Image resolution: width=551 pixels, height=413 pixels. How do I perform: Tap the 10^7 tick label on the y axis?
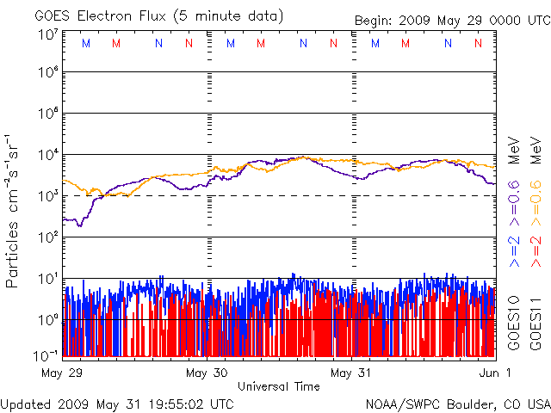pos(47,34)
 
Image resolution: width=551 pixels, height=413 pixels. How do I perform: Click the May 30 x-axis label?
pos(207,373)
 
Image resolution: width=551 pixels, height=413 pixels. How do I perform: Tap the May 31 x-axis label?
pos(353,373)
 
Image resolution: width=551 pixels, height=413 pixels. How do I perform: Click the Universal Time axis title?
pos(279,386)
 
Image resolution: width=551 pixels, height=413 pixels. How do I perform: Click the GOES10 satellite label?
pos(513,321)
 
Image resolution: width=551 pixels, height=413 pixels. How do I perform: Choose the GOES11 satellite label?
pos(535,321)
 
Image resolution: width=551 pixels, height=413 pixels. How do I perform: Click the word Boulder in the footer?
pos(468,404)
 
